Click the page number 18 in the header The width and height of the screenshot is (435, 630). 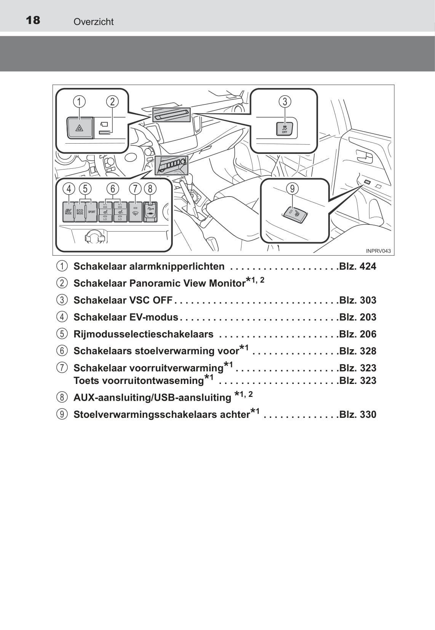click(x=33, y=20)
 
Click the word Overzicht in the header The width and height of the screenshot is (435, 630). click(x=93, y=22)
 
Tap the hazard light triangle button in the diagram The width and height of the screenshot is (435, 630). click(x=80, y=128)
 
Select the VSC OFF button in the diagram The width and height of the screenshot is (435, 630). click(x=285, y=129)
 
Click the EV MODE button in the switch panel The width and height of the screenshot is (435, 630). click(x=68, y=212)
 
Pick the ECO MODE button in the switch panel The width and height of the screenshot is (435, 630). click(x=80, y=212)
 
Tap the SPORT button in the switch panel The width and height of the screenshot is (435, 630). click(x=92, y=212)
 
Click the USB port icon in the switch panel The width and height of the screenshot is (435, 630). click(x=150, y=212)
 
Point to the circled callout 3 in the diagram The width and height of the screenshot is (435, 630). click(x=285, y=102)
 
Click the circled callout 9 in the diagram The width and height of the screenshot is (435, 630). click(x=292, y=189)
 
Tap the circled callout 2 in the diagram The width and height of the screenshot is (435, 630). click(x=112, y=102)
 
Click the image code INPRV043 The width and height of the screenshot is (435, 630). click(x=378, y=251)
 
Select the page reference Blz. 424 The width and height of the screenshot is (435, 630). click(x=357, y=266)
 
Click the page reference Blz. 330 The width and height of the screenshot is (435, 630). click(x=357, y=414)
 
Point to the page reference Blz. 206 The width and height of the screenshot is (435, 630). click(x=357, y=334)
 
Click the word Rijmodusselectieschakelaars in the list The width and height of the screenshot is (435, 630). click(x=143, y=334)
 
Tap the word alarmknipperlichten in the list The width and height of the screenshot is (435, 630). click(x=177, y=266)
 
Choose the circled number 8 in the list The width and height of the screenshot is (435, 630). click(x=62, y=397)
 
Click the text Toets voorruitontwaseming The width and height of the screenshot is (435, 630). click(x=139, y=381)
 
